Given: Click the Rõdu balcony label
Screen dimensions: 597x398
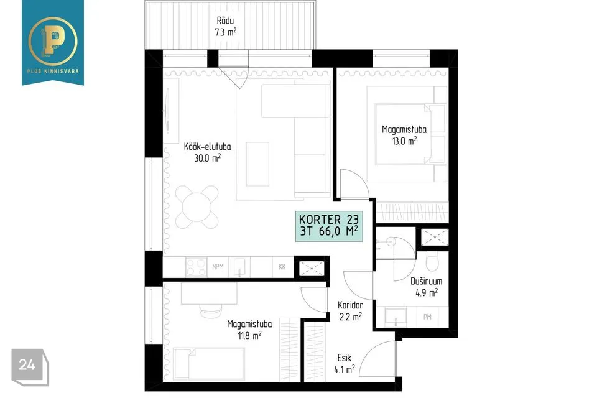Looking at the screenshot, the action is click(x=225, y=21).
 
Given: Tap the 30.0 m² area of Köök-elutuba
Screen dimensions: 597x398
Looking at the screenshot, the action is click(x=208, y=158).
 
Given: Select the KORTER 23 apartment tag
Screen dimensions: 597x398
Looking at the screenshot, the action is click(x=329, y=226).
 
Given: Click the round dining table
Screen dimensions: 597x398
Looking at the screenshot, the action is click(x=197, y=207).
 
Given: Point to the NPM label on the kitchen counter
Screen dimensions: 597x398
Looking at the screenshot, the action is click(x=218, y=267).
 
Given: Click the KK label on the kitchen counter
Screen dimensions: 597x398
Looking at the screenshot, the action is click(x=282, y=267).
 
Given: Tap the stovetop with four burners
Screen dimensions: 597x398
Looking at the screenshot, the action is click(x=196, y=267).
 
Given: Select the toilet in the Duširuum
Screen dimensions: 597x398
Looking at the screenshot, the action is click(x=433, y=261).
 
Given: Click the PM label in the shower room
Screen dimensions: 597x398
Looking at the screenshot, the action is click(x=427, y=317).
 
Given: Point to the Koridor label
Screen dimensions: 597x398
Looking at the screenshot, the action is click(x=350, y=305).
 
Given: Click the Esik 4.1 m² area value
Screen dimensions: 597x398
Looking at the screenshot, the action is click(x=345, y=369).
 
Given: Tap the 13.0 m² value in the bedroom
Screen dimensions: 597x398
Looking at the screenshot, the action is click(x=404, y=141).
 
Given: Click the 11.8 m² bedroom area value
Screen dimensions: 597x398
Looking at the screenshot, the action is click(x=250, y=335).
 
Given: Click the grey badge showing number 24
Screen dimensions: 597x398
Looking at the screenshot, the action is click(x=30, y=366).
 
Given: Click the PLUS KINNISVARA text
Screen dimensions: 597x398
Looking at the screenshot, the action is click(x=53, y=71).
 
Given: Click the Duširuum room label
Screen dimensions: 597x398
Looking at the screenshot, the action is click(x=427, y=281).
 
